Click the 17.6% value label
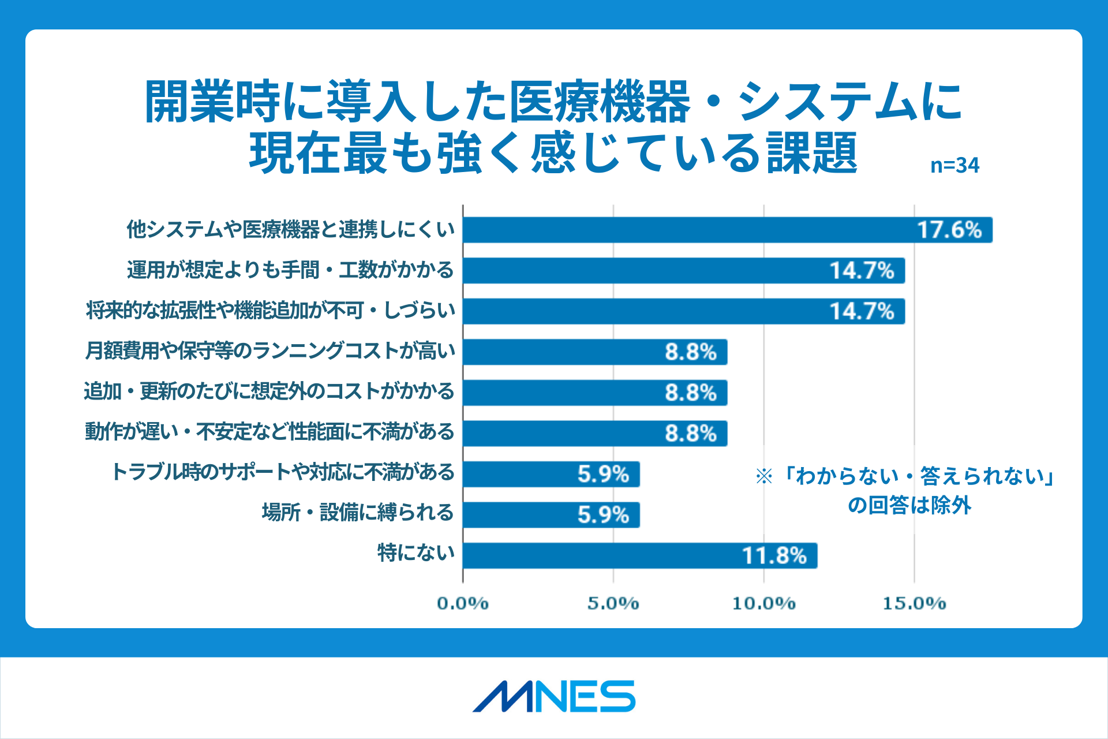click(x=949, y=230)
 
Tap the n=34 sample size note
click(x=954, y=166)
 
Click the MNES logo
click(x=554, y=696)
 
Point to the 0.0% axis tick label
click(x=462, y=604)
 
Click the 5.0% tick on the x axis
click(x=613, y=604)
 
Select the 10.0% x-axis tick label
click(x=763, y=604)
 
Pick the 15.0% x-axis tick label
click(x=914, y=604)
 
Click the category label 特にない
click(x=415, y=553)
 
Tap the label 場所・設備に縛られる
click(x=358, y=513)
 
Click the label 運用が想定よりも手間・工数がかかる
click(x=290, y=270)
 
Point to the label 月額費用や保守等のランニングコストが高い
click(x=270, y=351)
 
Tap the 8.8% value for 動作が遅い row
click(x=690, y=434)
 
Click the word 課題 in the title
click(x=812, y=154)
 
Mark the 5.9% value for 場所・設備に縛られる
click(x=603, y=515)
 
